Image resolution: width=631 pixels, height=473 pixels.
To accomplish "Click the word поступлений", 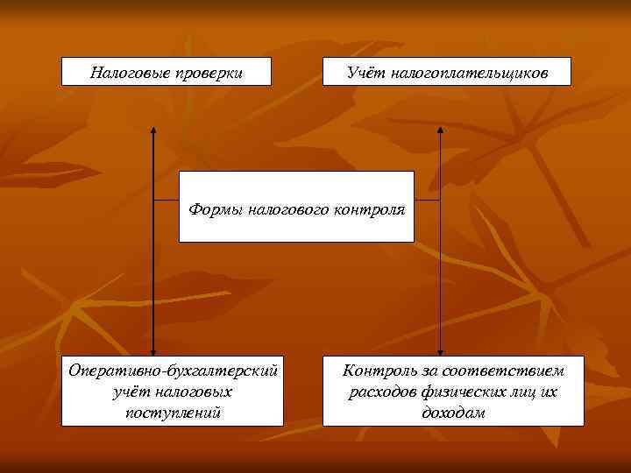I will [x=173, y=412].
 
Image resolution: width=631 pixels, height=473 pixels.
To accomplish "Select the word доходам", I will [x=453, y=412].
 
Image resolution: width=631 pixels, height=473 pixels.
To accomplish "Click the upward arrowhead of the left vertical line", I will [x=153, y=131].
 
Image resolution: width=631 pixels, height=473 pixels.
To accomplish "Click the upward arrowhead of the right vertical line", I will [x=439, y=131].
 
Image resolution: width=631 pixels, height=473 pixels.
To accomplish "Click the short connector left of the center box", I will [x=166, y=200].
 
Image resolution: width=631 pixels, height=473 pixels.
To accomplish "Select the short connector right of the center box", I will [x=426, y=200].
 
